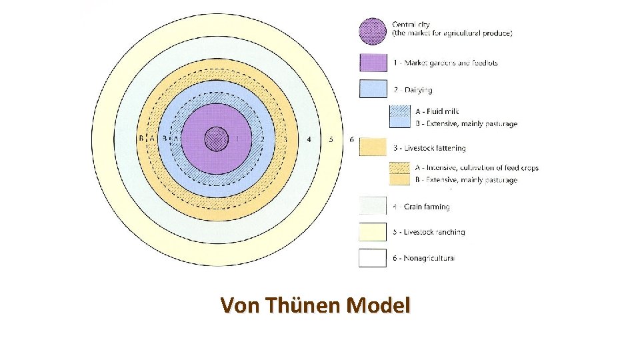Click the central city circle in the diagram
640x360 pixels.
tap(215, 139)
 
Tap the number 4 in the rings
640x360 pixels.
tap(308, 139)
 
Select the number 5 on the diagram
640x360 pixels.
tap(331, 139)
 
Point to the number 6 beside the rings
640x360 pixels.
tap(351, 139)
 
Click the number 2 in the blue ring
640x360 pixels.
tap(263, 139)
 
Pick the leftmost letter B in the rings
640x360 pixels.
tap(141, 139)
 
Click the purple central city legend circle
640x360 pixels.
tap(373, 31)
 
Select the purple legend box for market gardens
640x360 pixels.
tap(373, 63)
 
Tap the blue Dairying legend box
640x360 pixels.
tap(373, 89)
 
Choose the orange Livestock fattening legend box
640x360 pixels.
tap(373, 147)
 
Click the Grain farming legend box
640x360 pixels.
tap(373, 206)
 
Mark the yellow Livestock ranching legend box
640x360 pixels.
tap(373, 231)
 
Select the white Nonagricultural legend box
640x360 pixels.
tap(373, 257)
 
